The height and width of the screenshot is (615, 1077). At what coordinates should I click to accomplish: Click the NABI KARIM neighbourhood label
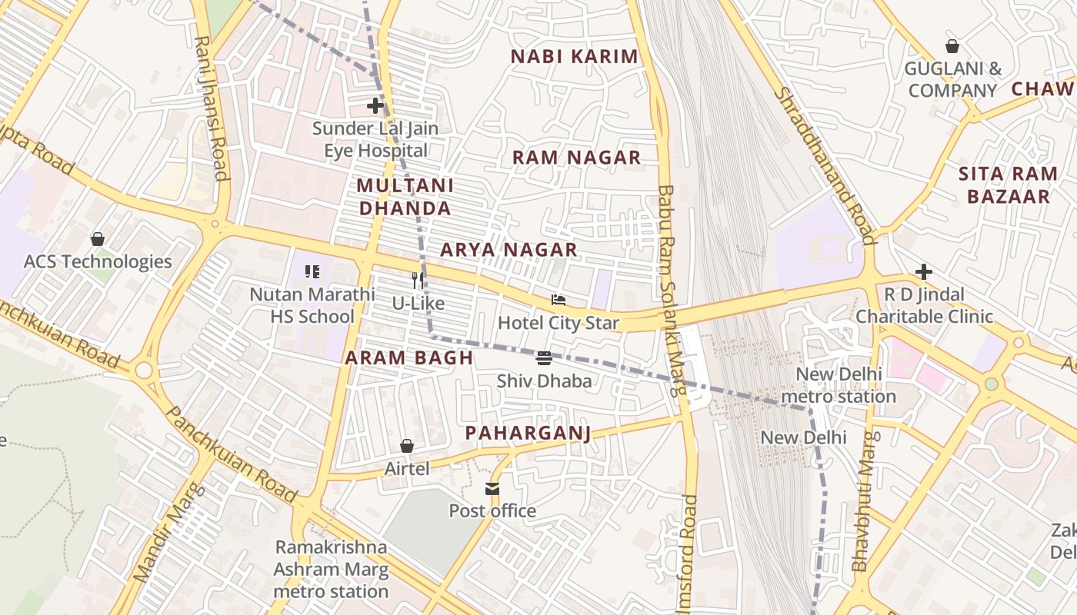pos(575,56)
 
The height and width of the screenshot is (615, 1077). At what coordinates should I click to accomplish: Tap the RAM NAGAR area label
pos(576,158)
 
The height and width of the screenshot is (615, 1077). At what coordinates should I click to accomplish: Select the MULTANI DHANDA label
pos(405,197)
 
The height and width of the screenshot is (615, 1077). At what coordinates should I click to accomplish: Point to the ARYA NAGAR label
pos(508,250)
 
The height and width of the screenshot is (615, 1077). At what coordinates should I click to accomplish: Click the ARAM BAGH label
pos(408,357)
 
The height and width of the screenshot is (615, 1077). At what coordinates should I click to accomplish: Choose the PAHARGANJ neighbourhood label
pos(528,434)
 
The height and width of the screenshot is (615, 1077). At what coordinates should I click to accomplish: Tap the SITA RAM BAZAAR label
pos(1008,184)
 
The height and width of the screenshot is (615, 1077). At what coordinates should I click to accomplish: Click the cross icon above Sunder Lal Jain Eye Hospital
pos(375,105)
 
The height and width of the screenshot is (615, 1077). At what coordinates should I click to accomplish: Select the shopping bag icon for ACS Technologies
pos(98,239)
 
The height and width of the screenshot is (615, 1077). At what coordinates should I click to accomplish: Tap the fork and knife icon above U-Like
pos(418,281)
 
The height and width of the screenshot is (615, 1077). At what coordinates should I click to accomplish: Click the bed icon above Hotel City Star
pos(559,300)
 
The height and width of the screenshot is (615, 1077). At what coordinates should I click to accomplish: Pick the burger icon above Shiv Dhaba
pos(544,357)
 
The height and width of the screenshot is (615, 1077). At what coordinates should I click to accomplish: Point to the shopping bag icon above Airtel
pos(407,446)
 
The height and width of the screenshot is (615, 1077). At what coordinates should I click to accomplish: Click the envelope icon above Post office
pos(492,489)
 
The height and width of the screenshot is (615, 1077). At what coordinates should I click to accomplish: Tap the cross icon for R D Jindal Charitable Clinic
pos(924,271)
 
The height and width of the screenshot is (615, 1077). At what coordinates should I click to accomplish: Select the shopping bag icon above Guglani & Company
pos(952,46)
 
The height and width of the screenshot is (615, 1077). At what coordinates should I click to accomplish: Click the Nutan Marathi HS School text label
pos(312,305)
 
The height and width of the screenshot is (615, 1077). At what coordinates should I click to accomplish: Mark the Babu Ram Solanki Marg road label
pos(670,290)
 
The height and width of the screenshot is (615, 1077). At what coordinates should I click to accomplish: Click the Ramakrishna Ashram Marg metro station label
pos(331,570)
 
